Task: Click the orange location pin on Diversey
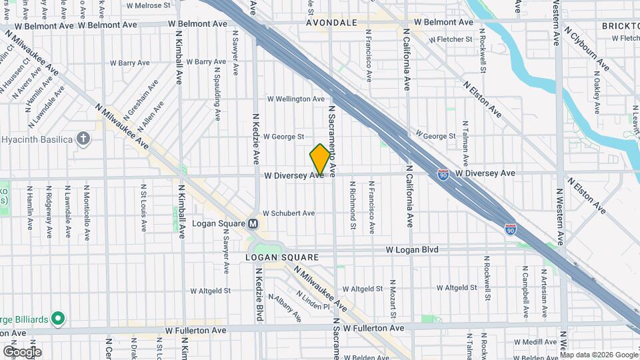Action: click(320, 159)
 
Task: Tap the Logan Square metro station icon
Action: click(253, 223)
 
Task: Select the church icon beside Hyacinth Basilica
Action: click(83, 138)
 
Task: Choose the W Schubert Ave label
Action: click(288, 213)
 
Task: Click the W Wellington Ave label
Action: click(296, 99)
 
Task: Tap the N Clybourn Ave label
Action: click(587, 48)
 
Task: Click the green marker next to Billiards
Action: click(57, 319)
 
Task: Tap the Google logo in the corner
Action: click(21, 351)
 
